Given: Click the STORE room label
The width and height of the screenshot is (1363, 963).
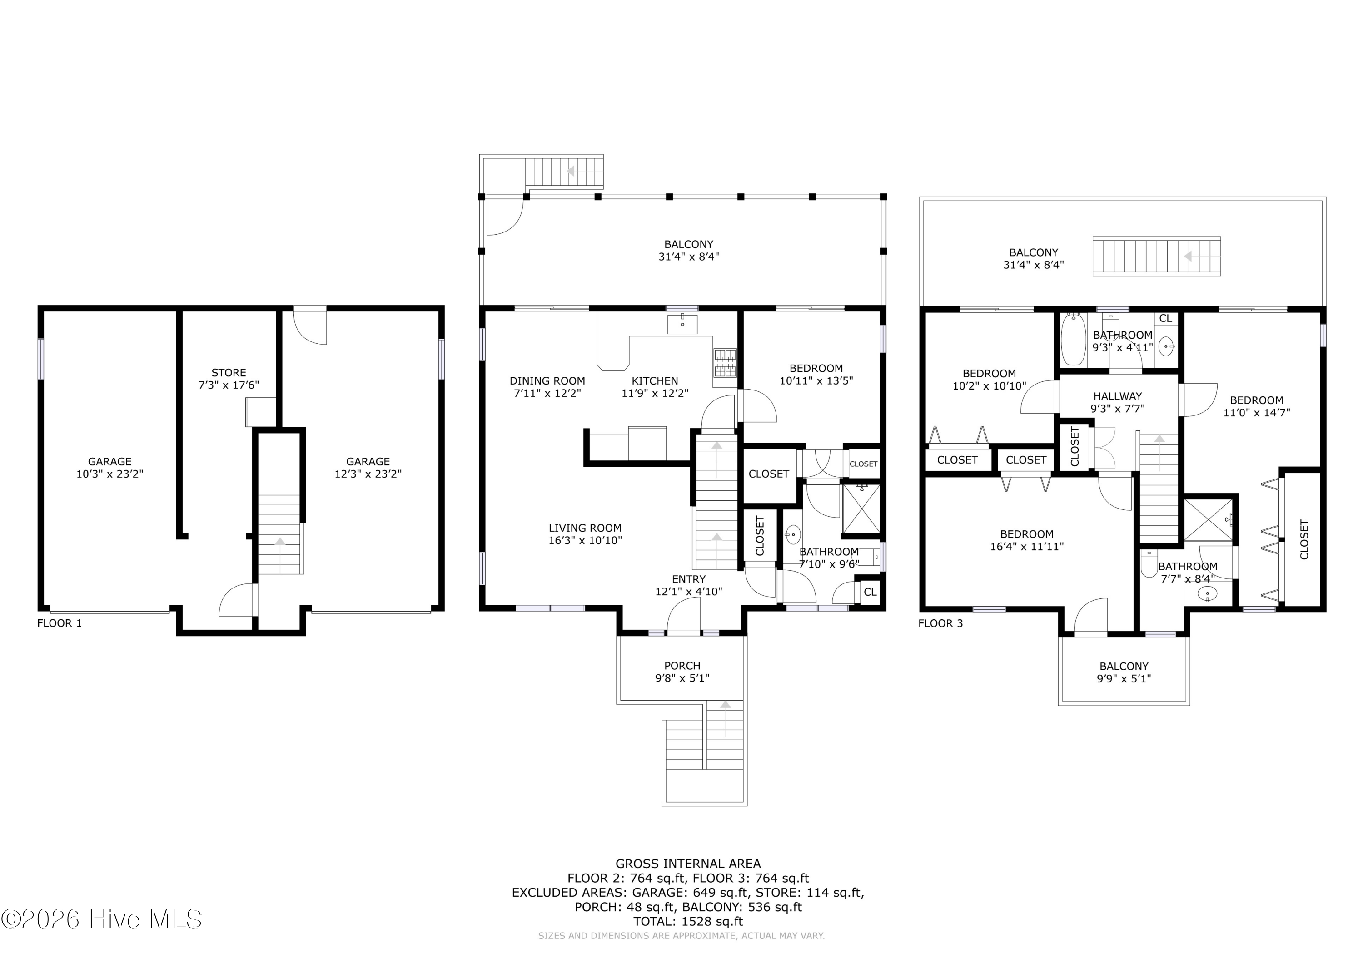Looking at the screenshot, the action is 229,373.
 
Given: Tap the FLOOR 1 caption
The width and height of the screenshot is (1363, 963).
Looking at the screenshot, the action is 60,623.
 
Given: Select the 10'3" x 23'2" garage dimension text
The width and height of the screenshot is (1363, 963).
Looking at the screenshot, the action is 110,474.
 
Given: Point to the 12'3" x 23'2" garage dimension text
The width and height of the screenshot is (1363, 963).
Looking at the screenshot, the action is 368,474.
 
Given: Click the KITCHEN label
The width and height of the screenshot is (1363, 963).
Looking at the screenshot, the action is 655,381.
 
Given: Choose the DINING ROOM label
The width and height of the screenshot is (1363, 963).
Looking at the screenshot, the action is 547,381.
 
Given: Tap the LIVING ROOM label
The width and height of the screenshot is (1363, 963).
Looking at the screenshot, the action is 585,528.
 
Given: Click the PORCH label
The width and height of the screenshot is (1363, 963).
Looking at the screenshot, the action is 682,666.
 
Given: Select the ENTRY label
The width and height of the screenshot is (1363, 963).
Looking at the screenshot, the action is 689,579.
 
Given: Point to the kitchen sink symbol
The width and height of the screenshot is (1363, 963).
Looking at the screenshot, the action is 682,324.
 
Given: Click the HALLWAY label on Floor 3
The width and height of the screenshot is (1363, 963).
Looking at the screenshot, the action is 1118,396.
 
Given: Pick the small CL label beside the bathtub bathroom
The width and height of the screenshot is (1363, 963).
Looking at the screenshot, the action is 1165,319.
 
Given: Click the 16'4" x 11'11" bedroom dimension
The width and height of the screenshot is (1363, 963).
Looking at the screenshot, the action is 1027,547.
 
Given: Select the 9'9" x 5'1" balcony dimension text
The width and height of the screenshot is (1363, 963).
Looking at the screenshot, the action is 1124,679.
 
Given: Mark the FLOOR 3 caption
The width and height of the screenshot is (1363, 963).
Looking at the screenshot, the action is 941,623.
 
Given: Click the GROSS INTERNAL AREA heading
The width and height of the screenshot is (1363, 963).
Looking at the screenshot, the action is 688,864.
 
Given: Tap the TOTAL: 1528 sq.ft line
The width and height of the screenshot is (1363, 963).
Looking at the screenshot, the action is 688,922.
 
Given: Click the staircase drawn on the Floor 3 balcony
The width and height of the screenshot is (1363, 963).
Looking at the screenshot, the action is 1156,257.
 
